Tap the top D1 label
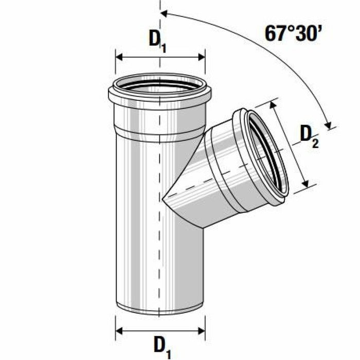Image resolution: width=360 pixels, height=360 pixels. click(157, 41)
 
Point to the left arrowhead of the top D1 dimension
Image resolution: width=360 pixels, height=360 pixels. click(119, 57)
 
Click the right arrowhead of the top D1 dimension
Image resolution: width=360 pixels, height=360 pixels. click(202, 57)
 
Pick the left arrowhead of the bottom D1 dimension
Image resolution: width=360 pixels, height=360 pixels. click(119, 331)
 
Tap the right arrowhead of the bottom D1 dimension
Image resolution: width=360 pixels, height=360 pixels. click(202, 331)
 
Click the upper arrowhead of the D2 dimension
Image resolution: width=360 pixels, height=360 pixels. click(273, 105)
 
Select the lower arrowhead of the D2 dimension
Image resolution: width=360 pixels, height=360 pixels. click(305, 184)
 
